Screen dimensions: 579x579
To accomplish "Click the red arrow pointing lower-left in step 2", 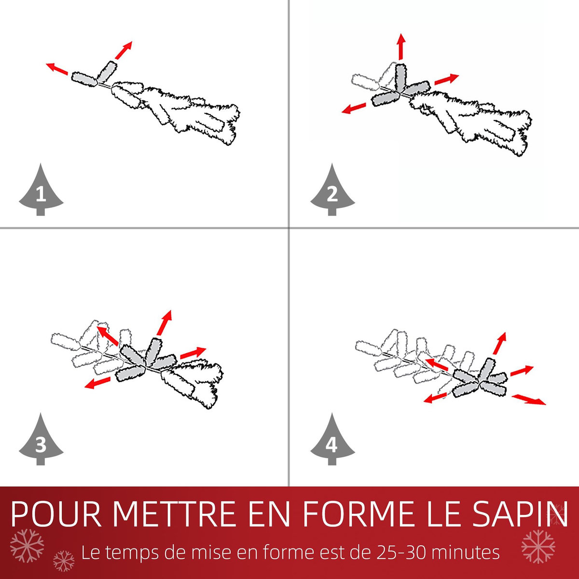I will pyautogui.click(x=353, y=109).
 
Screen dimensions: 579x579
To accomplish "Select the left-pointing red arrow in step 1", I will pyautogui.click(x=57, y=69).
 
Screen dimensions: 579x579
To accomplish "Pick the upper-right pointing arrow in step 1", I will pyautogui.click(x=124, y=50).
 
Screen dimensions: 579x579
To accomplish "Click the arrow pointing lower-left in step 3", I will pyautogui.click(x=97, y=383).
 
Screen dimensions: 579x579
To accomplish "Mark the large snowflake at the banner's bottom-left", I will pyautogui.click(x=27, y=545).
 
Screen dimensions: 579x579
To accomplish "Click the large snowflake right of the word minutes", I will pyautogui.click(x=538, y=546).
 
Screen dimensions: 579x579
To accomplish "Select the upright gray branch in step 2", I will pyautogui.click(x=400, y=78).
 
